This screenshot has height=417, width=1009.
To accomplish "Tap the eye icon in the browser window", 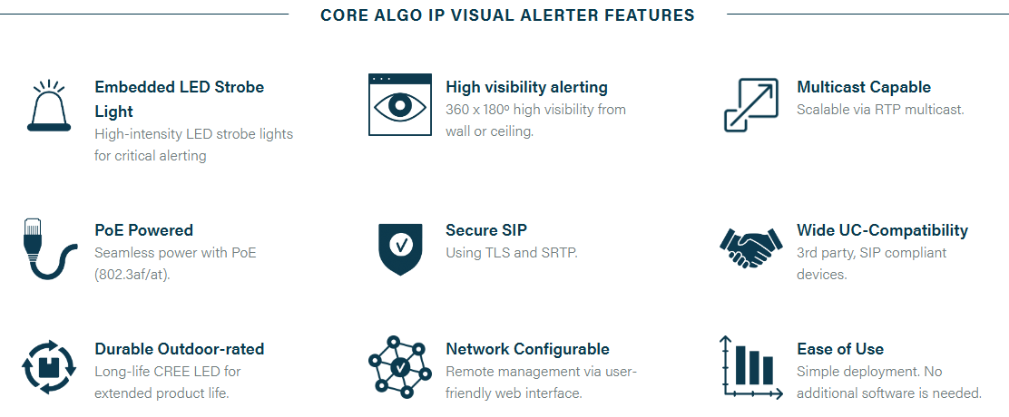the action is point(399,105).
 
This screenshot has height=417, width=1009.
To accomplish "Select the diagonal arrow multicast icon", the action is point(751,105).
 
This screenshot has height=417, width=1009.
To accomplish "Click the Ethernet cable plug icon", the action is point(47,248).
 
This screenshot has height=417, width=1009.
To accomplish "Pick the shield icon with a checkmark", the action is point(400,249).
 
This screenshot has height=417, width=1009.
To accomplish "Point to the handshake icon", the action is point(751,247).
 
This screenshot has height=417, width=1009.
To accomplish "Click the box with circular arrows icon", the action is point(49,367).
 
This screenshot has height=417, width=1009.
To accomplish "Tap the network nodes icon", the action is point(399,367).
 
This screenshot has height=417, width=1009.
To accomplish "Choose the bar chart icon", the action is point(751,367).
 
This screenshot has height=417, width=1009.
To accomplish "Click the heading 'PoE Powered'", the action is point(143,230).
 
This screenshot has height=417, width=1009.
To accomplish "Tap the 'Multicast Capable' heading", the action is point(864,87).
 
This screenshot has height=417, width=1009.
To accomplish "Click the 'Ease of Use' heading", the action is point(839,349).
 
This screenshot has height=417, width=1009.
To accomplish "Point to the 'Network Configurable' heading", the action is point(528,349).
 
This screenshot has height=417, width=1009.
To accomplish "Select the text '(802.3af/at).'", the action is point(132,275).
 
